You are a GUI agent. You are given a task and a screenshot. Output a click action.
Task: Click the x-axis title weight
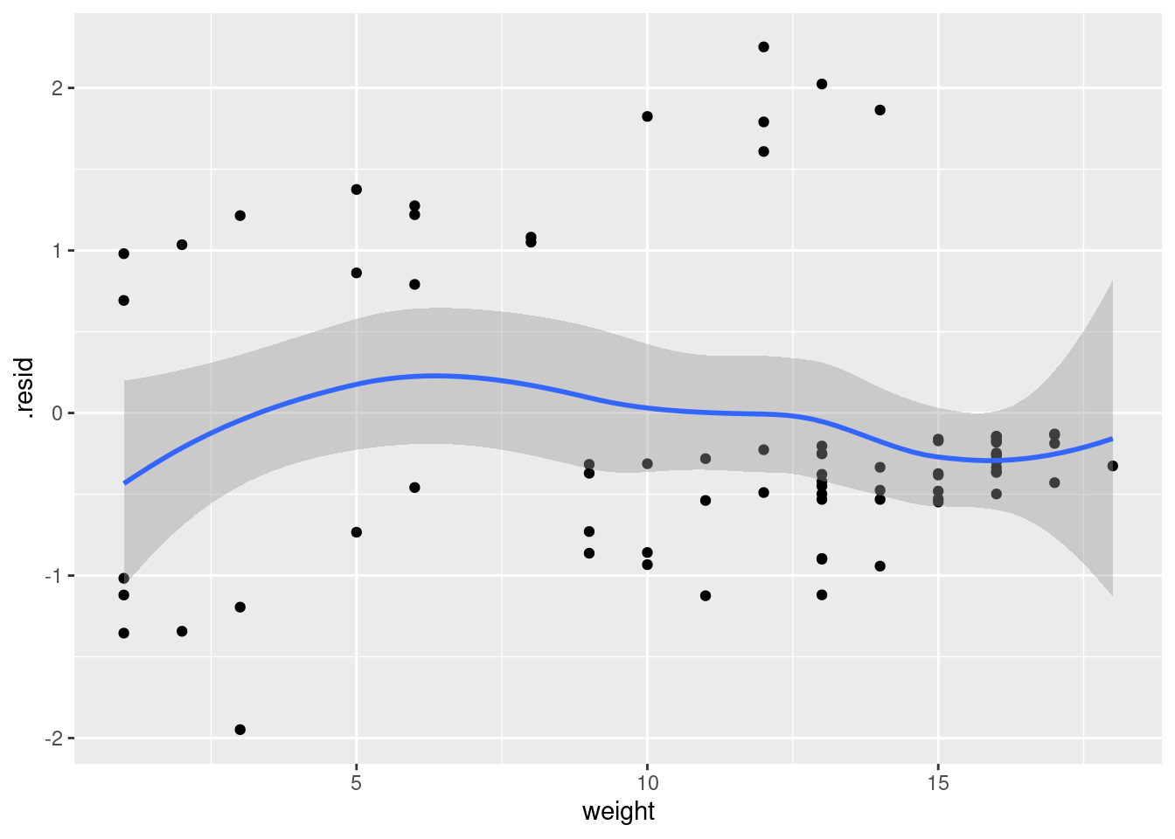click(x=618, y=812)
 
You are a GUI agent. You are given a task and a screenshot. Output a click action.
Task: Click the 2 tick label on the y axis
click(x=57, y=88)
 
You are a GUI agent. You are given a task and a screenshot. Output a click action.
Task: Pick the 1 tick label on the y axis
click(x=57, y=251)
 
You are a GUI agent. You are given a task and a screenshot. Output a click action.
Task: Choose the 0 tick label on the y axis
click(x=57, y=413)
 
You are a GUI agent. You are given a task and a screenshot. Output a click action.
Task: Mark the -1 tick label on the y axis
click(x=54, y=576)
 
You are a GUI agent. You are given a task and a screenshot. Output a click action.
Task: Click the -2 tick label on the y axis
click(x=54, y=738)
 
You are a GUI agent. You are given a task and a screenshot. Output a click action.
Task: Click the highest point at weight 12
click(x=763, y=47)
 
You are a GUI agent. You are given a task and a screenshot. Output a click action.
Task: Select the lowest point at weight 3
click(x=240, y=730)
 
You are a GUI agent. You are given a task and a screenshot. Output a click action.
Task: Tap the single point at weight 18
click(x=1113, y=466)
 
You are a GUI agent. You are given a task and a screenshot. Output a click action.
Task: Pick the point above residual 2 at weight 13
click(x=822, y=84)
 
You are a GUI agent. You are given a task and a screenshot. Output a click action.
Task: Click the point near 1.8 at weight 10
click(x=648, y=116)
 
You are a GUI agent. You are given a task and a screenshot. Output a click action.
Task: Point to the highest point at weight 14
click(x=880, y=110)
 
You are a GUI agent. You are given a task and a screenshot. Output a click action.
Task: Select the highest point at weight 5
click(x=357, y=190)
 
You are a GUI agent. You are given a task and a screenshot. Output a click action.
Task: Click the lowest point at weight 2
click(x=182, y=631)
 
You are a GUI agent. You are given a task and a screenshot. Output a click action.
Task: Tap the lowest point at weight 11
click(x=706, y=596)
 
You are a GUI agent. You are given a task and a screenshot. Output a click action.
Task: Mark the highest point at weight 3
click(x=240, y=216)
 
